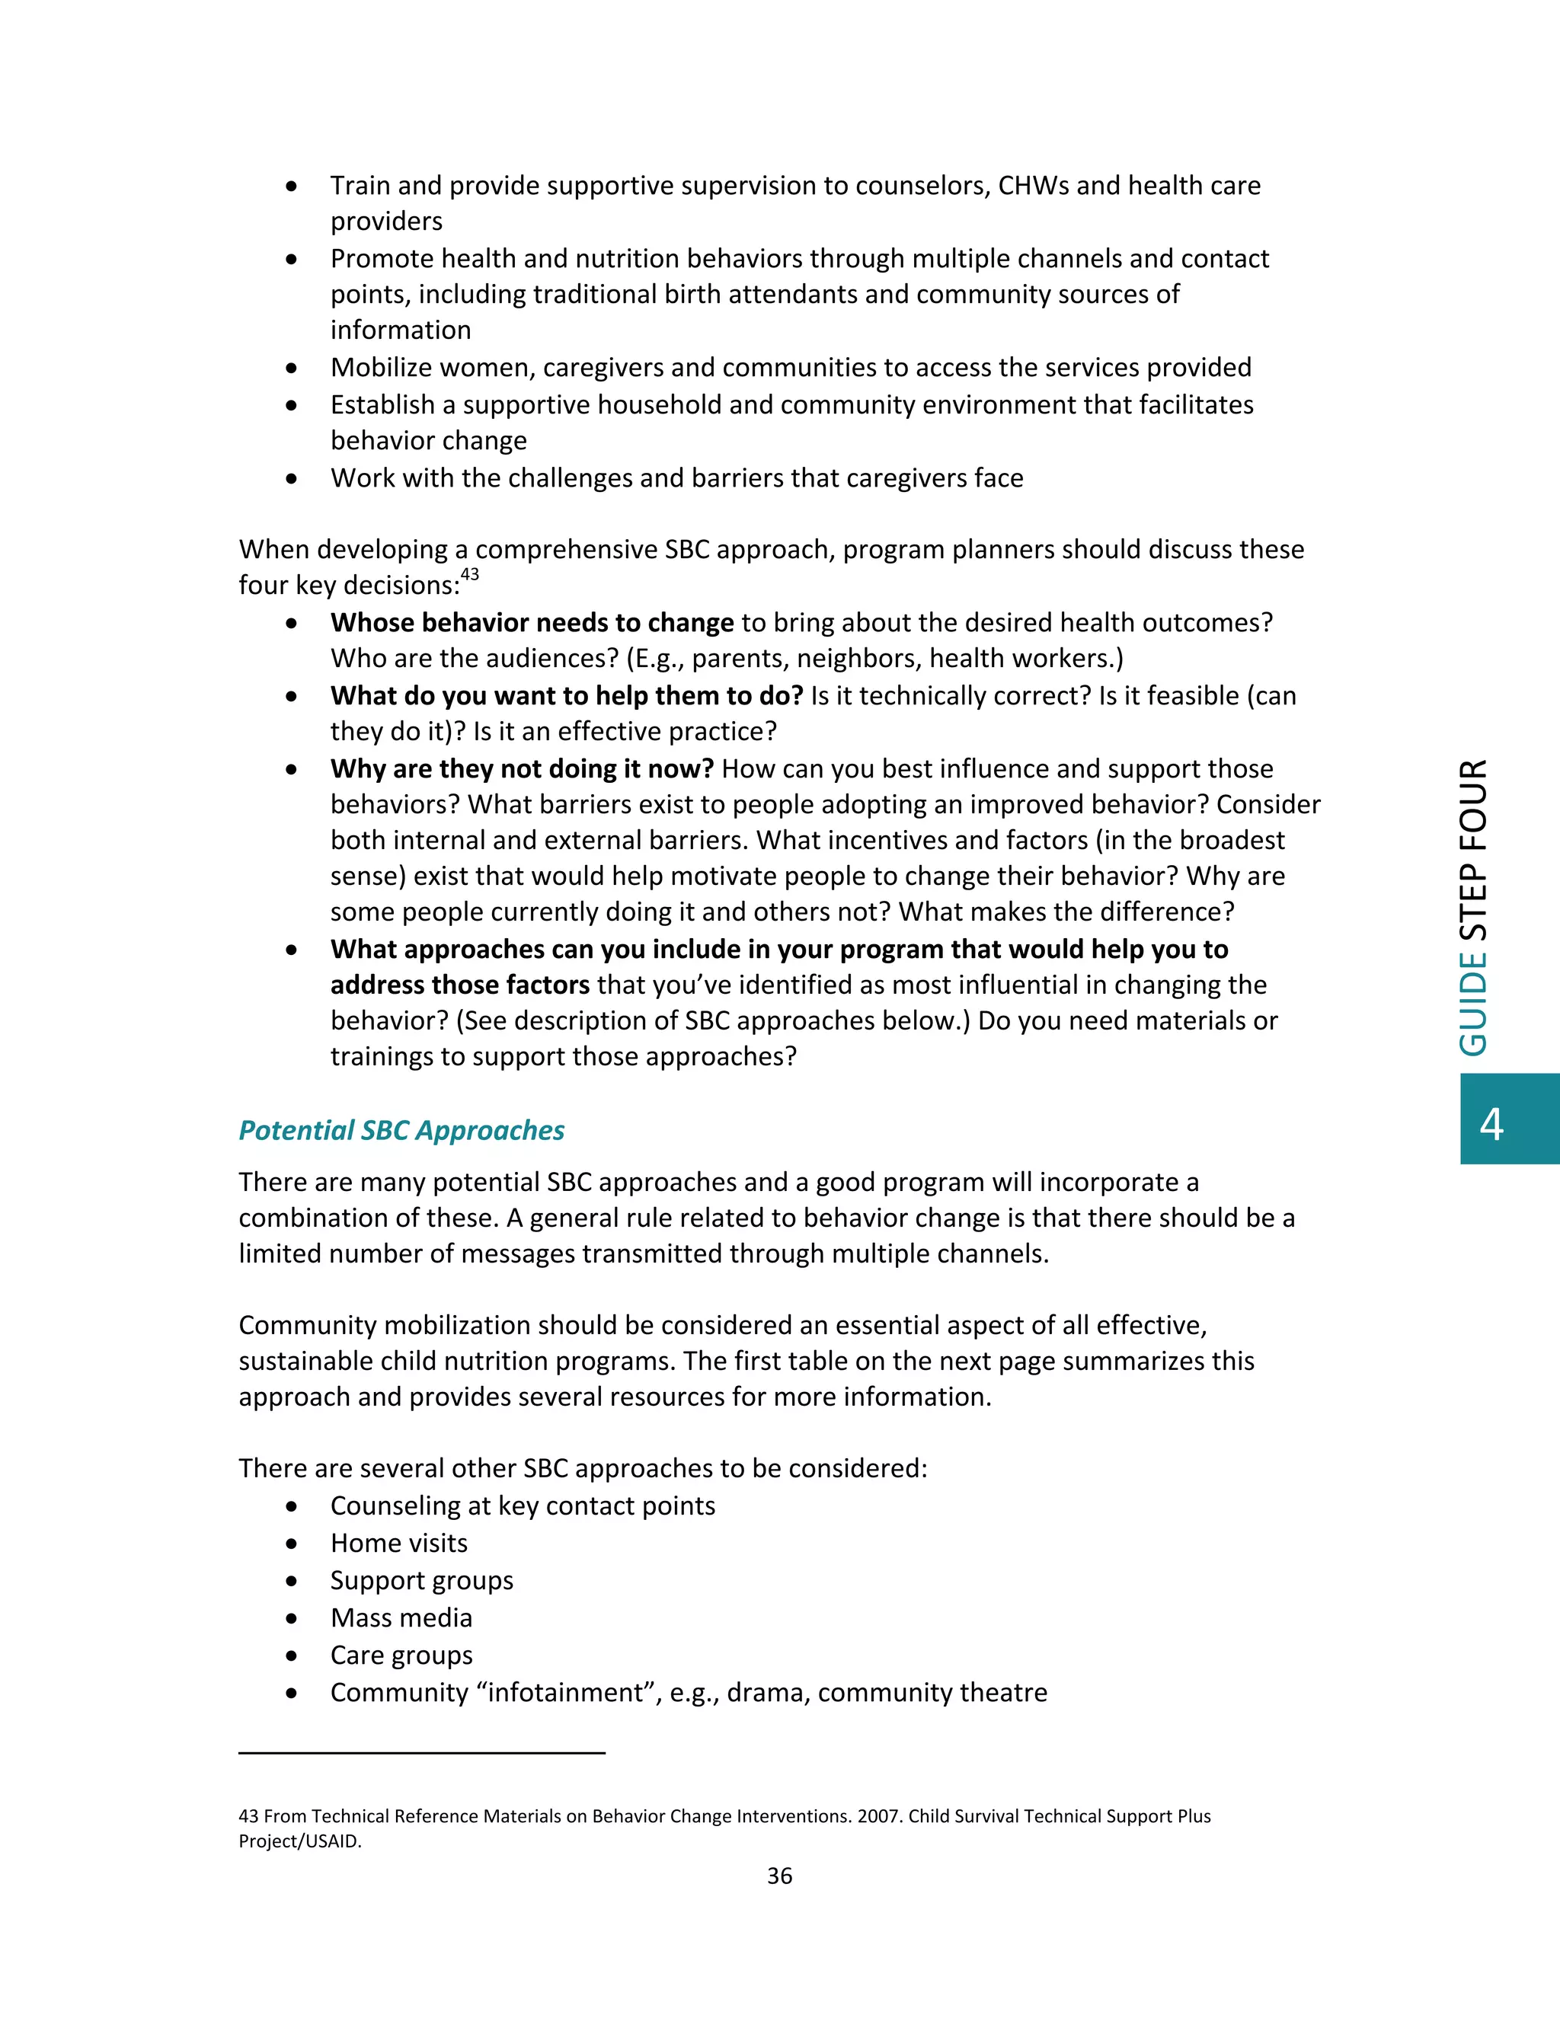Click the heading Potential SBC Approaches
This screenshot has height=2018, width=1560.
coord(401,1130)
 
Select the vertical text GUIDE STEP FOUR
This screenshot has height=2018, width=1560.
coord(1474,908)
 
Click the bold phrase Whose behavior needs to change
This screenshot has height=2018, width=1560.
coord(532,623)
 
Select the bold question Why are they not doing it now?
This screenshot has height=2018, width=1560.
coord(522,769)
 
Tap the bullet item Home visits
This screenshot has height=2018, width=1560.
coord(398,1543)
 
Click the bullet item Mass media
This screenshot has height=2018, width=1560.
coord(401,1618)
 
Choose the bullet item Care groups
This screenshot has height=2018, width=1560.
coord(401,1655)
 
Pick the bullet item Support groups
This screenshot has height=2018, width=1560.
coord(421,1581)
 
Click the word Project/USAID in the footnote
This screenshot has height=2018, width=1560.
coord(299,1841)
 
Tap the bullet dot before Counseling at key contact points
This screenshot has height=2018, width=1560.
coord(292,1507)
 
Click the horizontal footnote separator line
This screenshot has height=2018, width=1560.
coord(421,1752)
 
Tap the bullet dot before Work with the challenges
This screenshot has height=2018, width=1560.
coord(292,479)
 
